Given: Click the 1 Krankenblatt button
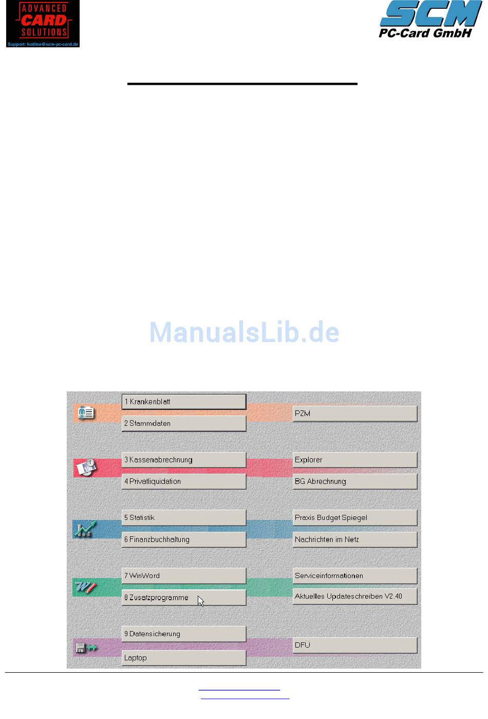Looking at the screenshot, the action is [x=183, y=402].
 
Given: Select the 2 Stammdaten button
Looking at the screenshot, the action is [x=183, y=423].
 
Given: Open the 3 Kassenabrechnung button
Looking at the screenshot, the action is [x=183, y=460].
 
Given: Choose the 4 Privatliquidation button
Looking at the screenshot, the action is [x=183, y=481].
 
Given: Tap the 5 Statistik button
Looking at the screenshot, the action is [x=183, y=517].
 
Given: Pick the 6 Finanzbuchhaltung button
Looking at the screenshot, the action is [x=183, y=540].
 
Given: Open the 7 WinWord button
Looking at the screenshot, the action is [x=183, y=576].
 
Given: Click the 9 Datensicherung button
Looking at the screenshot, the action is [x=183, y=634].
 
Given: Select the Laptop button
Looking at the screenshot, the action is [x=183, y=658].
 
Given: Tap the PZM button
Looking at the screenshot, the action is [x=354, y=414].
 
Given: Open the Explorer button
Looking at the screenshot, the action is [x=354, y=460].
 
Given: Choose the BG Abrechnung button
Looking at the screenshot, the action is [x=354, y=481].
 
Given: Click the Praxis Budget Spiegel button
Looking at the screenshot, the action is [x=354, y=517].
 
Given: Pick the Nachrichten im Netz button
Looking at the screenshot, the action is [x=354, y=540].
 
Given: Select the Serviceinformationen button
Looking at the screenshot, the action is [x=354, y=576].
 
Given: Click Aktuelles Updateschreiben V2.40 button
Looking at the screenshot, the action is [x=354, y=597].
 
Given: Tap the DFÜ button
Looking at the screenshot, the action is [x=354, y=645].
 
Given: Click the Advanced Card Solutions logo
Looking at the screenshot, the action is [x=43, y=24].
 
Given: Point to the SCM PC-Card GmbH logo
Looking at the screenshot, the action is [x=430, y=20].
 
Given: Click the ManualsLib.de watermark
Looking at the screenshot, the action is [x=244, y=332].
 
